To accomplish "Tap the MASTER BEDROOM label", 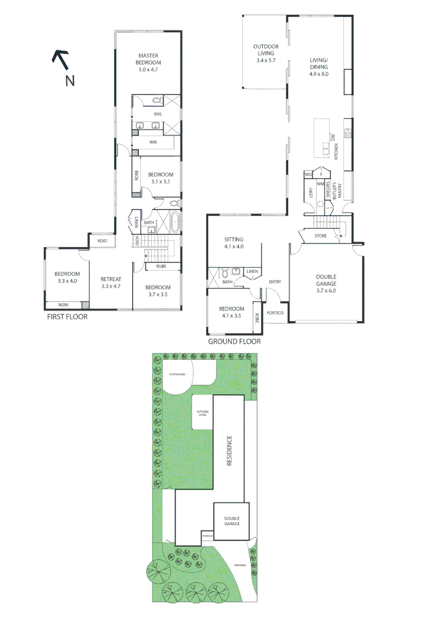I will [148, 58].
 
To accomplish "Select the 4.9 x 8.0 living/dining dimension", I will [319, 74].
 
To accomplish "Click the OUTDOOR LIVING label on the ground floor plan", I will [266, 50].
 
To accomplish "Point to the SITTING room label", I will [234, 239].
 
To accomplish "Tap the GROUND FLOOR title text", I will [234, 342].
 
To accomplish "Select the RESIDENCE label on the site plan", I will [230, 451].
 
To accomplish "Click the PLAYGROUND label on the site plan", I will [179, 374].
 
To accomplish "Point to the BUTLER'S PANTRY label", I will [339, 187].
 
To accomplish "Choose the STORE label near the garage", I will [321, 236].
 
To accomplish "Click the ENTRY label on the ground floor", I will [275, 282].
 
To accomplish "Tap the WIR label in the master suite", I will [153, 142].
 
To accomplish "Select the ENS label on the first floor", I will [150, 114].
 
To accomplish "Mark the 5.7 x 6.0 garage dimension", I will [326, 291].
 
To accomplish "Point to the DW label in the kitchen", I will [332, 137].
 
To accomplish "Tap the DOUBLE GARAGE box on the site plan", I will [232, 521].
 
